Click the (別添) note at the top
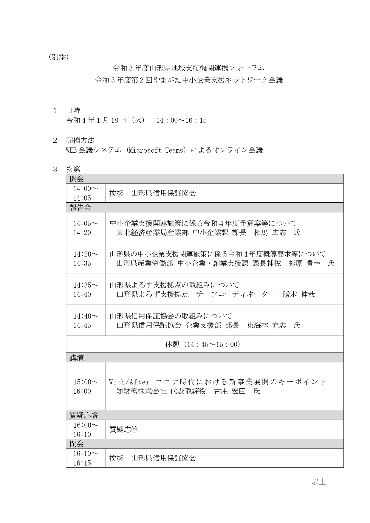coord(58,57)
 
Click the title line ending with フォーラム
coord(188,68)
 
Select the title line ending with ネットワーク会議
coord(188,80)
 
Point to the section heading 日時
coord(73,111)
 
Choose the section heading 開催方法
coord(80,140)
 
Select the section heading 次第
coord(73,170)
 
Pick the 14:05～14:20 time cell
coord(86,228)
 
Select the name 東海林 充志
coord(266,325)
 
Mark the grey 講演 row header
coord(77,358)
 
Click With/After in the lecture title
coord(129,382)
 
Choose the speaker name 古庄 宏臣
coord(230,391)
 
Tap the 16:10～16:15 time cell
coord(86,458)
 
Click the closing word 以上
coord(319,482)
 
